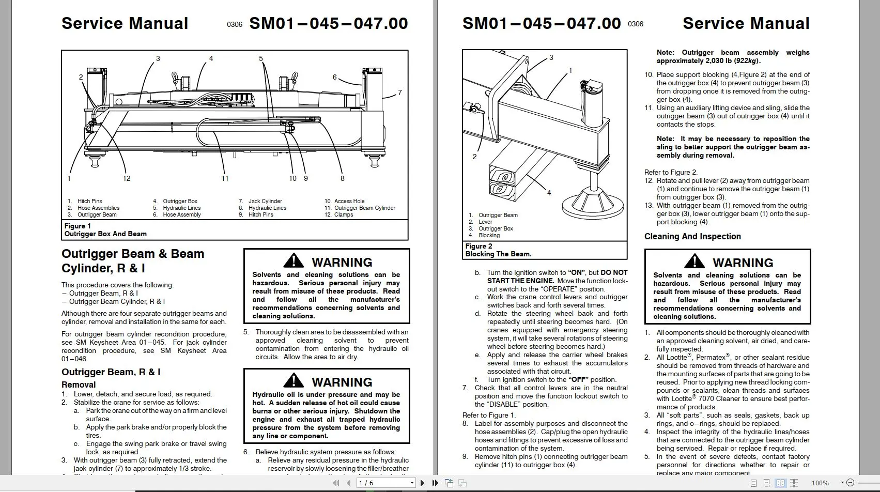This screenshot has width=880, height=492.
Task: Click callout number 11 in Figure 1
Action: tap(225, 178)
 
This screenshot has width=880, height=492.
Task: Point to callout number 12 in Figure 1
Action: tap(127, 178)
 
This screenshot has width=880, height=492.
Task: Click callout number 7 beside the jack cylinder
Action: tap(399, 93)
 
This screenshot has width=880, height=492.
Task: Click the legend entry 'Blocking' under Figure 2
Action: tap(489, 235)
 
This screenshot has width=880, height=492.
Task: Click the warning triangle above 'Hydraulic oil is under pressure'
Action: tap(294, 381)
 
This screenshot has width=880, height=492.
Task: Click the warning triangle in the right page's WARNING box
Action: tap(694, 262)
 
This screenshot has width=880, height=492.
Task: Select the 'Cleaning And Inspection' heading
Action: tap(692, 236)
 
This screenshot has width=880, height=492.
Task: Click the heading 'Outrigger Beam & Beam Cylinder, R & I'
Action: tap(133, 261)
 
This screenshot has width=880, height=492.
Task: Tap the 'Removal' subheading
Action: tap(79, 385)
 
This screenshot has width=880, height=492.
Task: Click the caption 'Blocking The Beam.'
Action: tap(498, 254)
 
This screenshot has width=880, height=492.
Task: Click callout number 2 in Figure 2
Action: tap(474, 157)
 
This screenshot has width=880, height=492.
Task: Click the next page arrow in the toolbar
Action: tap(422, 483)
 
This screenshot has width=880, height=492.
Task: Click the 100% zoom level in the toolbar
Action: tap(820, 483)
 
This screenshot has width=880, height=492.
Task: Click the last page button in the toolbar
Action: tap(435, 483)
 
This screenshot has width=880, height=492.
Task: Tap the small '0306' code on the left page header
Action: tap(234, 24)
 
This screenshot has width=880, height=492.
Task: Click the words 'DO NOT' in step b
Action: tap(614, 272)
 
